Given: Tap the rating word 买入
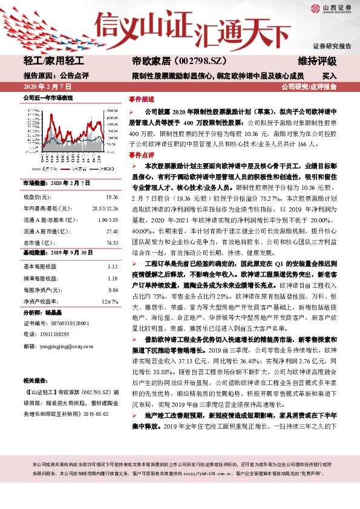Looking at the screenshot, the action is (x=329, y=76).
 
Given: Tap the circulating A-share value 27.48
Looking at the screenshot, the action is (x=111, y=231).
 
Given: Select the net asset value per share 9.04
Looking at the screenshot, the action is (x=113, y=289).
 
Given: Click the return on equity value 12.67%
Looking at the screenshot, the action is (x=110, y=300).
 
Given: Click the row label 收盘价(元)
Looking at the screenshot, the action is (x=37, y=197).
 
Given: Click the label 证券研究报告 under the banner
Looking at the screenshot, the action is (x=332, y=47).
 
